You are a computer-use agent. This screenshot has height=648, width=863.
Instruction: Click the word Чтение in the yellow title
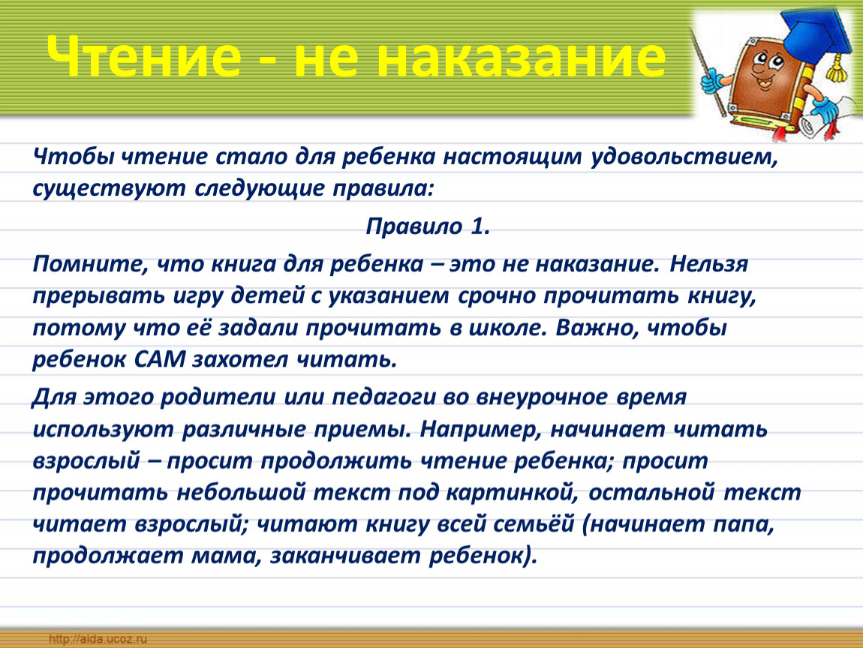point(143,56)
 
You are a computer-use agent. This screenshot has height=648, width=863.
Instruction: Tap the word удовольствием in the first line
point(684,157)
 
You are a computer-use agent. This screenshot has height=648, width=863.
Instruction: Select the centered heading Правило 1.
point(428,226)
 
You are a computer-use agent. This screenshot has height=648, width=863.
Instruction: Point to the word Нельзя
point(709,264)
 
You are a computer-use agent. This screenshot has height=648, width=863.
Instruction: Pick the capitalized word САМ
point(160,360)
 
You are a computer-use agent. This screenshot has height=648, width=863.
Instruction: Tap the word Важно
point(597,328)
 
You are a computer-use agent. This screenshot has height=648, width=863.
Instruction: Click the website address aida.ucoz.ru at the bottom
point(98,639)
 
